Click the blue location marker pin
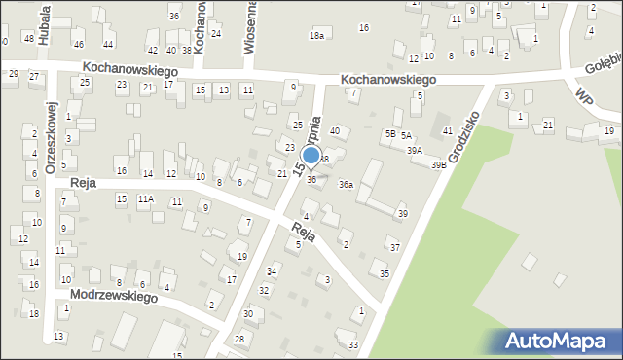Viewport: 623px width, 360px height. (x=311, y=156)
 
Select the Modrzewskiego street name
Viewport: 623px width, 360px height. (x=106, y=296)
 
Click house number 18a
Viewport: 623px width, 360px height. (x=316, y=36)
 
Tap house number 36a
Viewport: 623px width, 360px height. (x=346, y=184)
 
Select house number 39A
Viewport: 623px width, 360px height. (x=415, y=151)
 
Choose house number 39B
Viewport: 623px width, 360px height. (x=439, y=164)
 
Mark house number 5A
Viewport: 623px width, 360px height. (x=406, y=135)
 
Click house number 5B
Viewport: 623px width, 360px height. (x=389, y=133)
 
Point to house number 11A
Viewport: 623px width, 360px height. (x=145, y=199)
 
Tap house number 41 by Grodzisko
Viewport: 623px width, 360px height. (x=447, y=130)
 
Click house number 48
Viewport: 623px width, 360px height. (x=29, y=39)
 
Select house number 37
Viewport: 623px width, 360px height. (x=394, y=248)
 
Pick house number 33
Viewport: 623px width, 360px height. (x=352, y=344)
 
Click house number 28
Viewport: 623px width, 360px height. (x=239, y=338)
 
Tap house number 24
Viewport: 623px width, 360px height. (x=215, y=33)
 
